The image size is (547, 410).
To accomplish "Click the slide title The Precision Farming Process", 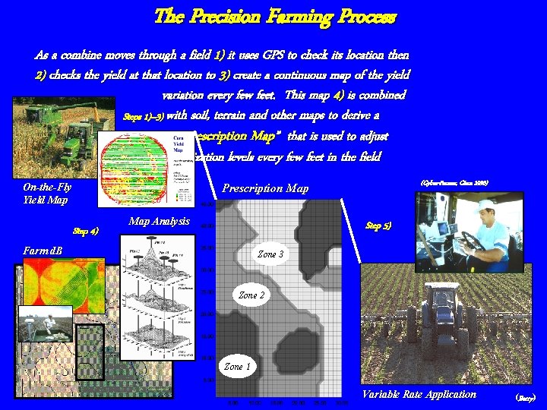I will (274, 17).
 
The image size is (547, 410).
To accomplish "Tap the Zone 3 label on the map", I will (271, 254).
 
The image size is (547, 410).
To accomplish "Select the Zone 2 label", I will (252, 295).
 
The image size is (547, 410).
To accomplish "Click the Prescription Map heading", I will (265, 188).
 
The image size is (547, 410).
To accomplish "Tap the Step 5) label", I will (378, 225).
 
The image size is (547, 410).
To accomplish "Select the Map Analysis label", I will (160, 221).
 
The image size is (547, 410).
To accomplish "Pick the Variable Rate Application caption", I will (419, 394).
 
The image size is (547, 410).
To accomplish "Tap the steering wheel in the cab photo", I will (471, 241).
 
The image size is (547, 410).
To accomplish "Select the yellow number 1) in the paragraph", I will (220, 55).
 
